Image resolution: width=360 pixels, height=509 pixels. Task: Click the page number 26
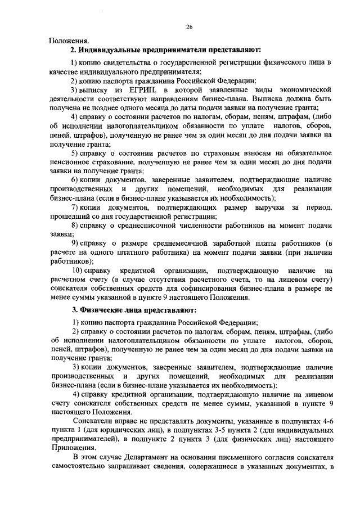tap(190, 26)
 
